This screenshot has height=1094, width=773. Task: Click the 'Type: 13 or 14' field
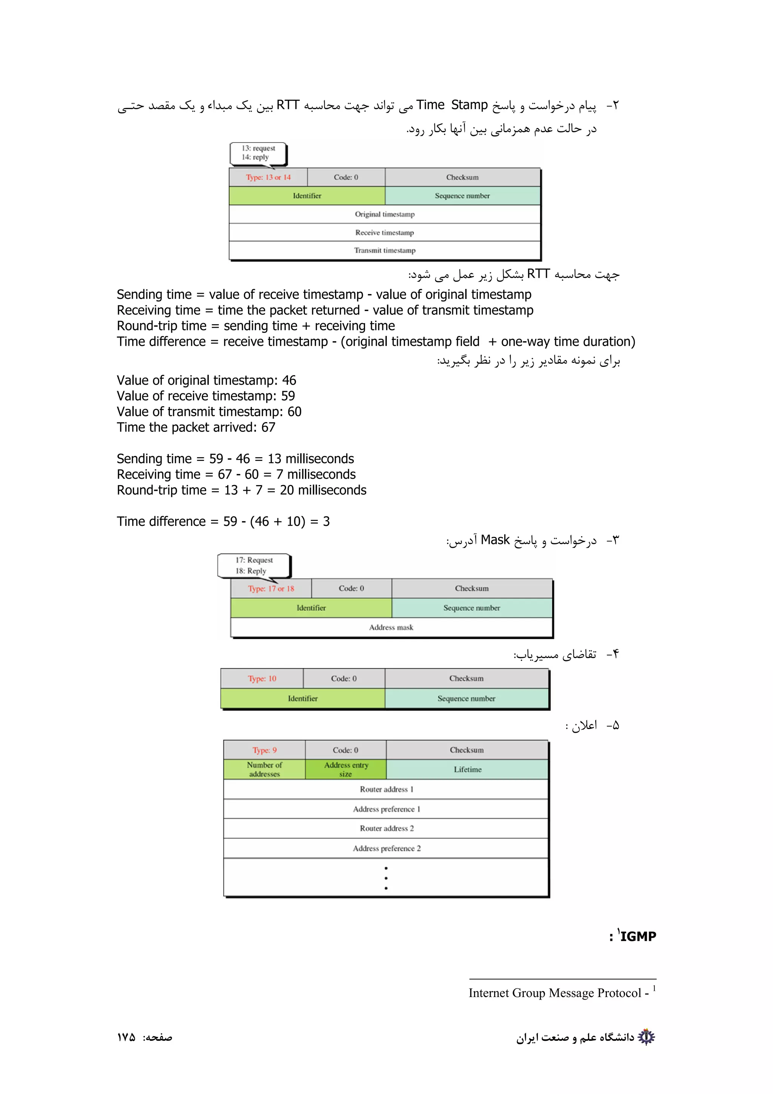(268, 177)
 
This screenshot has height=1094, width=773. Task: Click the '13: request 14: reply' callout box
(258, 153)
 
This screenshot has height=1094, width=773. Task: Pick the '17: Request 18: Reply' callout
(254, 565)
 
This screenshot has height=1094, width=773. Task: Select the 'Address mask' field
(391, 627)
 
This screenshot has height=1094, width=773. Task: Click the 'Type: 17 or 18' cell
(271, 589)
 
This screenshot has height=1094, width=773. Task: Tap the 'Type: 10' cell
(262, 678)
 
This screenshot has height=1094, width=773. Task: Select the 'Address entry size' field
(346, 769)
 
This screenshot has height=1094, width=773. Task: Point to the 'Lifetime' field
(467, 769)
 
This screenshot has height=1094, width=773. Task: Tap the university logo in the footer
(646, 1037)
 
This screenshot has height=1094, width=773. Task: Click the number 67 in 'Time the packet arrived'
(268, 427)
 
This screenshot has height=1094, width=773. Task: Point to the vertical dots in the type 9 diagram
(386, 878)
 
